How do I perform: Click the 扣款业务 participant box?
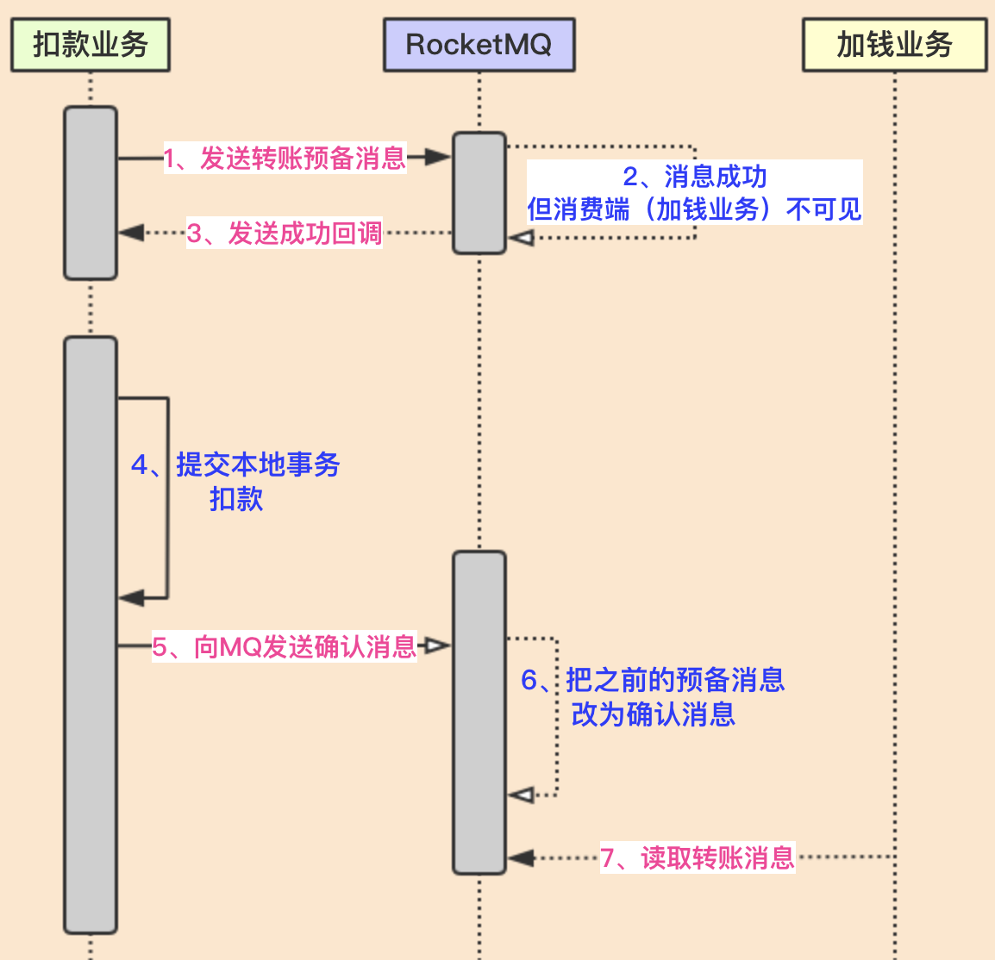91,45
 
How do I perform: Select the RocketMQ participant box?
479,45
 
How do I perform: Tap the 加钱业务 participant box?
894,45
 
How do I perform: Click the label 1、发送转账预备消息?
285,158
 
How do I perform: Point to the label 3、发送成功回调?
285,233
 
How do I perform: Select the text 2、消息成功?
694,177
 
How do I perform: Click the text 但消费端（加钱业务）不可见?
694,209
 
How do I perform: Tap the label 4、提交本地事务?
235,464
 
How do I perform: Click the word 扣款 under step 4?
235,499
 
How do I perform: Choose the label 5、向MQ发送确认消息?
285,646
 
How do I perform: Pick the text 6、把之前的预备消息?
653,680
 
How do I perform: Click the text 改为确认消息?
653,714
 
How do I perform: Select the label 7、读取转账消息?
697,857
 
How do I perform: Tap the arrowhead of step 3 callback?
131,233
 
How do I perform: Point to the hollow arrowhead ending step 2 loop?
521,237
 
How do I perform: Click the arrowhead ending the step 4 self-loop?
131,597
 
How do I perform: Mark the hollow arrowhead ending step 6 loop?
521,795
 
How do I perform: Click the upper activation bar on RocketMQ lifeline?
479,193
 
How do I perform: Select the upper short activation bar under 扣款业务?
91,193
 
